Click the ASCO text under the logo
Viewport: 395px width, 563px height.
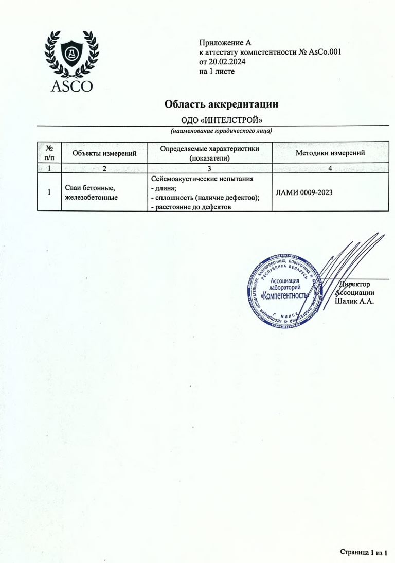[x=72, y=85]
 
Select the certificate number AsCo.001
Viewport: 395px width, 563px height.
[x=324, y=52]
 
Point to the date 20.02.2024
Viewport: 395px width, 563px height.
[x=227, y=62]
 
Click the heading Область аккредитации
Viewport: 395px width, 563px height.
[x=221, y=104]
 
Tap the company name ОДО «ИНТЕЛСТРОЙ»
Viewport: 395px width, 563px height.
[x=222, y=120]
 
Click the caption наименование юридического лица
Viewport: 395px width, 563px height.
[x=221, y=131]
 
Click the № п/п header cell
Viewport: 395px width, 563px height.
[x=49, y=153]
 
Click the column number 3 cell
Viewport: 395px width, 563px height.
[x=209, y=168]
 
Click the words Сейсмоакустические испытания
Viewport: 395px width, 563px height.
[x=203, y=179]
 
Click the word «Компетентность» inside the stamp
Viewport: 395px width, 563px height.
[x=284, y=297]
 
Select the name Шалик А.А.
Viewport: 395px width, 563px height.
[x=354, y=301]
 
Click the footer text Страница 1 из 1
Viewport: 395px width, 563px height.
[x=363, y=553]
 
